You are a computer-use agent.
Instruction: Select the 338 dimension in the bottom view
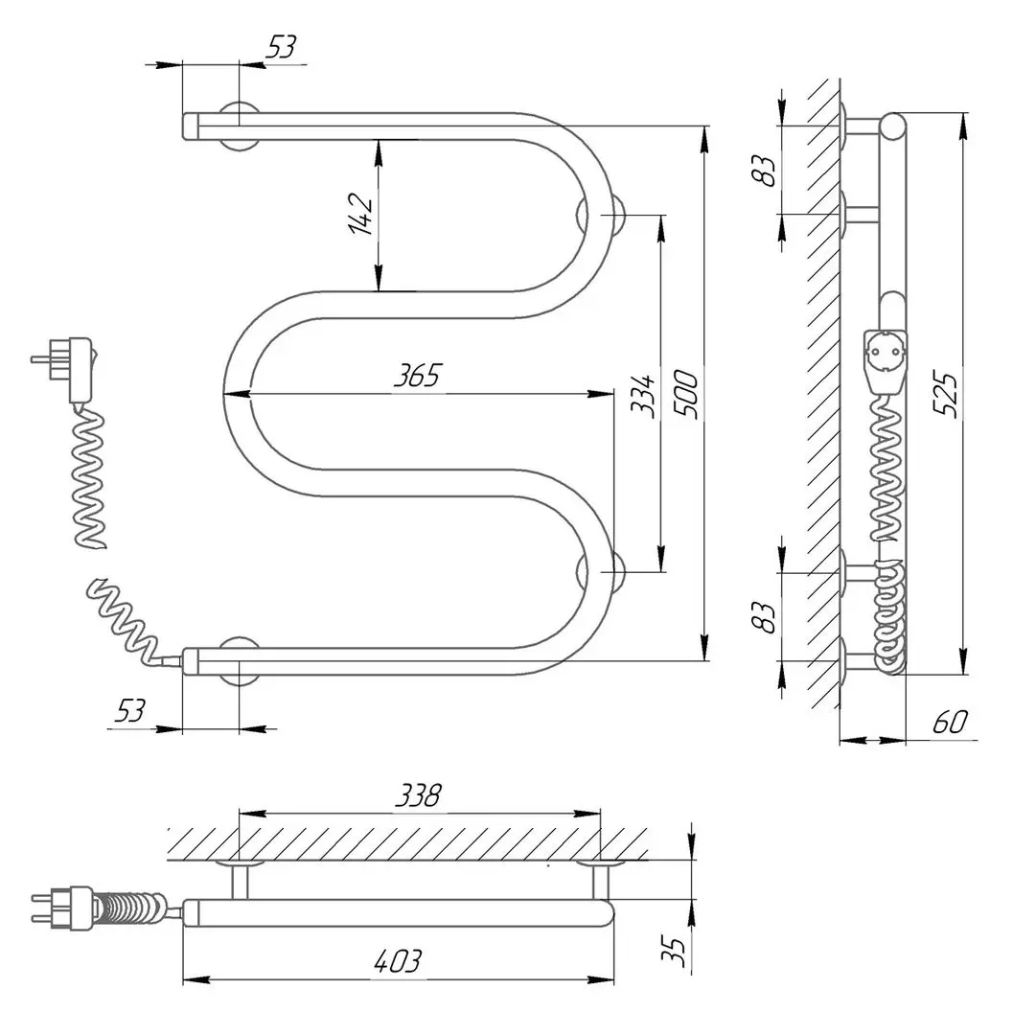419,795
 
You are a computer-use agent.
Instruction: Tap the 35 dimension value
677,949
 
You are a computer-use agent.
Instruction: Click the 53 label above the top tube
282,47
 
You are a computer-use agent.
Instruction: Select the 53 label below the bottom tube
131,711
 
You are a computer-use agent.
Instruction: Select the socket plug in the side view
885,359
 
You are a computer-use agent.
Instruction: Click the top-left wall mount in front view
239,125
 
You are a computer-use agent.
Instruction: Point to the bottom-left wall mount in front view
239,661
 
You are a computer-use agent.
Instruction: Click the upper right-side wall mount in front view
603,216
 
